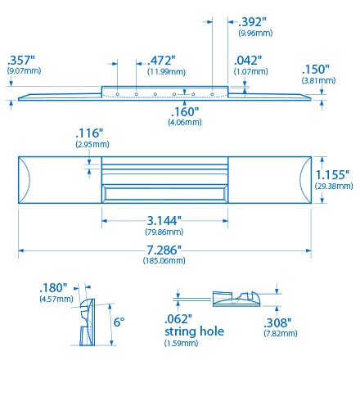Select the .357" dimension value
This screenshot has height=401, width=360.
[x=20, y=60]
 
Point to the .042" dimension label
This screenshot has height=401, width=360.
[x=249, y=61]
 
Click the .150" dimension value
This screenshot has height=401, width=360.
[x=315, y=70]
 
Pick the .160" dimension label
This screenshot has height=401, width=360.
[x=184, y=111]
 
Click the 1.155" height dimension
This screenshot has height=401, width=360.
[x=333, y=174]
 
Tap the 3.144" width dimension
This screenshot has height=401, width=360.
[x=164, y=220]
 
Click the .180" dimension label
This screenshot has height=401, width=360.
[x=54, y=288]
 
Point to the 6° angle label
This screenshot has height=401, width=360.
[x=119, y=322]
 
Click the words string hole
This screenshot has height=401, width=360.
[x=193, y=332]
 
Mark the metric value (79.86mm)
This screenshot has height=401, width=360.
[x=164, y=232]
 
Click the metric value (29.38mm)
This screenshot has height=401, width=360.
[x=333, y=187]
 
